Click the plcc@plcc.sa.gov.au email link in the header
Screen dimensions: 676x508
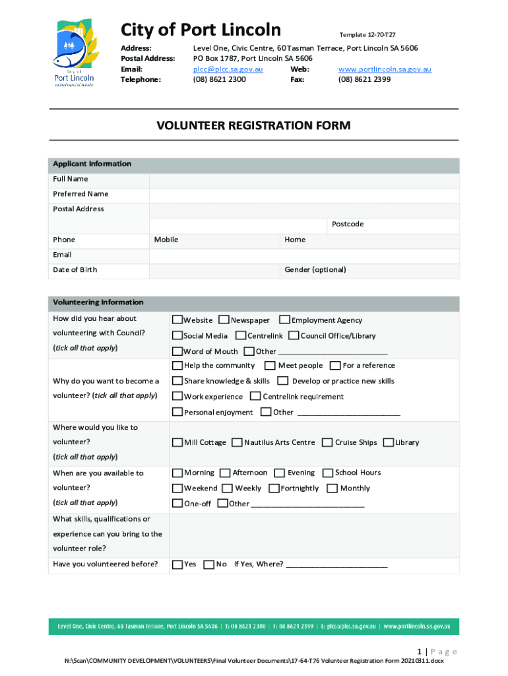(228, 69)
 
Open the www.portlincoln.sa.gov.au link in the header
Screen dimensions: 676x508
(385, 69)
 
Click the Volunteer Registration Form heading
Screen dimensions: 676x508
(253, 125)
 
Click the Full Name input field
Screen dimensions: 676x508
(304, 179)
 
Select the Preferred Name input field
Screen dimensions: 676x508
(304, 194)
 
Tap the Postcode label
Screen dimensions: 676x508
(348, 224)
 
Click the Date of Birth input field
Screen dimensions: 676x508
(214, 270)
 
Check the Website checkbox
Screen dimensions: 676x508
(177, 320)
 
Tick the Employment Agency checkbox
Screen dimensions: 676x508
(284, 320)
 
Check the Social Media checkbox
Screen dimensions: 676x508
(177, 336)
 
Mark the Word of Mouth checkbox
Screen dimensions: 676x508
(177, 351)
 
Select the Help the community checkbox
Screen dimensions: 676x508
(177, 366)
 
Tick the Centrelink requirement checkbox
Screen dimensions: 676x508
(255, 397)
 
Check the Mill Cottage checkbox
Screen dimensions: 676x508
(177, 443)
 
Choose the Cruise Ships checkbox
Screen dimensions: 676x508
(327, 443)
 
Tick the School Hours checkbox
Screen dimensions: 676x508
(327, 473)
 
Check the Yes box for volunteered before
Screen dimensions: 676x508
(177, 564)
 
